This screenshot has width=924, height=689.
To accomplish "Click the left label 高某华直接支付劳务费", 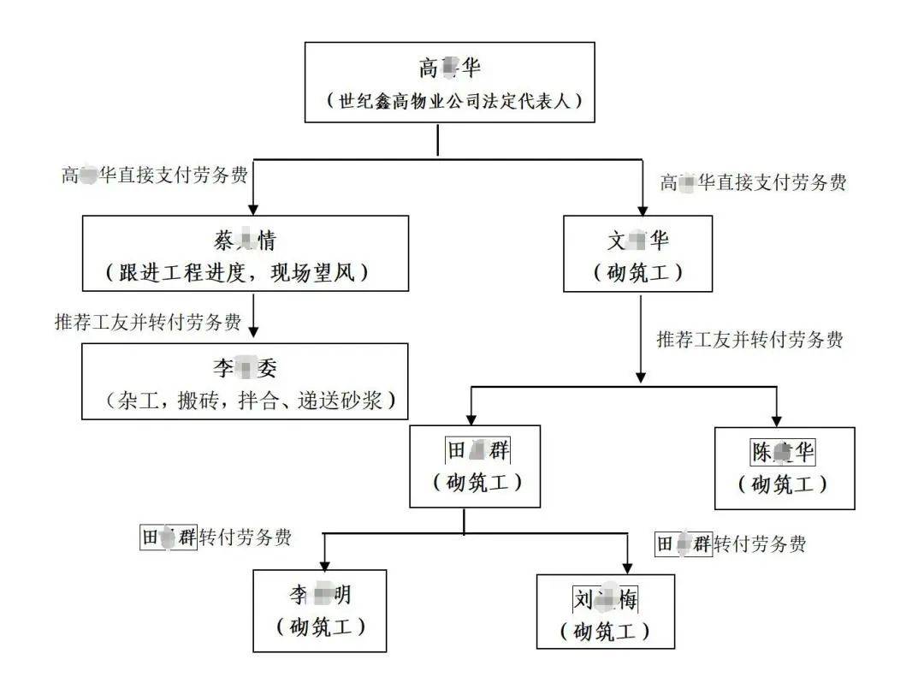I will tap(154, 175).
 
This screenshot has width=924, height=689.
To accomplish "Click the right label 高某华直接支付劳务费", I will tap(753, 181).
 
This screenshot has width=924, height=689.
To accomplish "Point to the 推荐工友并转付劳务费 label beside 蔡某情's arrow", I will tap(147, 323).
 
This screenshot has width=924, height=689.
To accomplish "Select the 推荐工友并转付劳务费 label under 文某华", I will tap(749, 340).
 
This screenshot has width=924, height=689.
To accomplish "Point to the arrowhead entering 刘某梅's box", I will tap(627, 567).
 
